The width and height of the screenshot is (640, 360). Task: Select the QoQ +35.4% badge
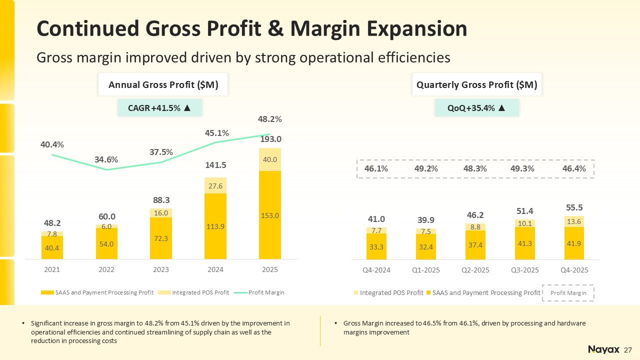tap(476, 108)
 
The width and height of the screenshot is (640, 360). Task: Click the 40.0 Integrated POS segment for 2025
tap(270, 159)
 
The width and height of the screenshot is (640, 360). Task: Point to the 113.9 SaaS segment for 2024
tap(215, 226)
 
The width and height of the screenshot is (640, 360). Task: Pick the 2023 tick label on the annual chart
tap(161, 269)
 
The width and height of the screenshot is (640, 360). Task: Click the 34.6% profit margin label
tap(106, 159)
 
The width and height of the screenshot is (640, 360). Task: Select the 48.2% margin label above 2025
tap(270, 119)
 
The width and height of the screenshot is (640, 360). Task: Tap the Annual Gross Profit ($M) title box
tap(163, 85)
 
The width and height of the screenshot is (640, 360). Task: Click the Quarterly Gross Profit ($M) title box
tap(476, 85)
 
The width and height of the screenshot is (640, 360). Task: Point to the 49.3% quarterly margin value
tap(522, 168)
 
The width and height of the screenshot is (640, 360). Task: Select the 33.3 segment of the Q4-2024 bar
tap(376, 246)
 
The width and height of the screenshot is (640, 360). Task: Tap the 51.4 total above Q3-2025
tap(524, 212)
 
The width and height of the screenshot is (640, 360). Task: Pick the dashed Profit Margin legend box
tap(568, 292)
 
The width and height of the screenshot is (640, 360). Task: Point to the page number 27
tap(628, 349)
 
